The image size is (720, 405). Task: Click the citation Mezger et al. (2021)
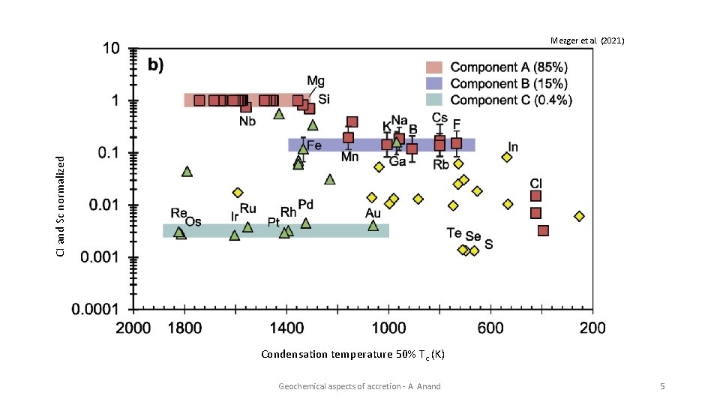[x=587, y=40]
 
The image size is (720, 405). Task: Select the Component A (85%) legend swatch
[x=436, y=67]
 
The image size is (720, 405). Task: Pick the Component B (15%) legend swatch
[x=436, y=83]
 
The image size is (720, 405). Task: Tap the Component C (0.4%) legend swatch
[x=436, y=100]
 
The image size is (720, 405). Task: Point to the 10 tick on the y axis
[x=110, y=49]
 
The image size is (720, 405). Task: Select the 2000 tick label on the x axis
[x=133, y=328]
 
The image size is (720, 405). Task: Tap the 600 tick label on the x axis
[x=490, y=328]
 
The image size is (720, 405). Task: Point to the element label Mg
[x=316, y=82]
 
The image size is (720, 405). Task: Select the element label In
[x=513, y=147]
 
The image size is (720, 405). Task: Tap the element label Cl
[x=536, y=183]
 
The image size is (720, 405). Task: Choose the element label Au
[x=373, y=214]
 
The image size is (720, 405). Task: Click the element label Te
[x=454, y=233]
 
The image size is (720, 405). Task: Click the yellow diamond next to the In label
[x=507, y=157]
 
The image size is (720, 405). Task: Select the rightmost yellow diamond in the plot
[x=579, y=216]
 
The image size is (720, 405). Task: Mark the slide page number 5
[x=662, y=386]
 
